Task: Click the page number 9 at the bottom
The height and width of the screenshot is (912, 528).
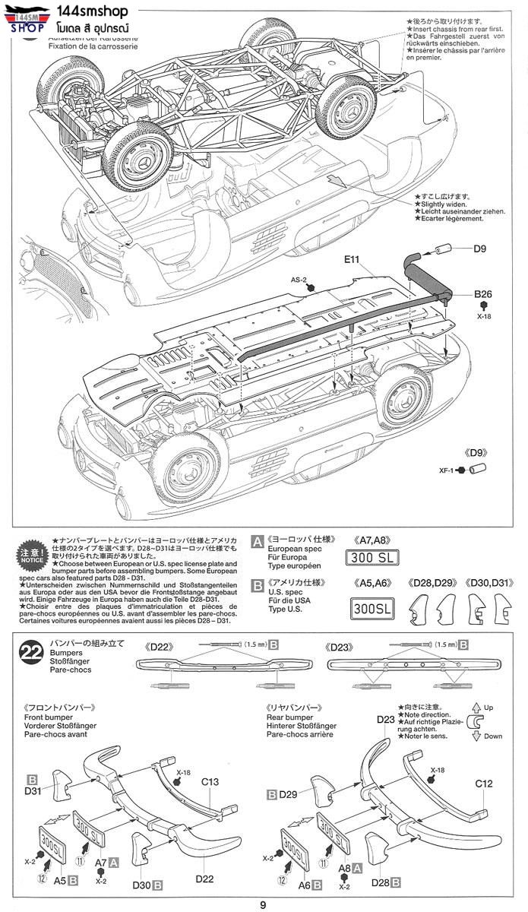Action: tap(263, 904)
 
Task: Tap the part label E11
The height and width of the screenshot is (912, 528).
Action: tap(351, 259)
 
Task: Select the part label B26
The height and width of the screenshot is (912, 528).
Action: tap(484, 294)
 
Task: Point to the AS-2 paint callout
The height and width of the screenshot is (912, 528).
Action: tap(298, 280)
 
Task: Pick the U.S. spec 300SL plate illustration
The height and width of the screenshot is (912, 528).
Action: tap(373, 608)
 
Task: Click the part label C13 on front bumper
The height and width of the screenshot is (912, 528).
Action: tap(210, 782)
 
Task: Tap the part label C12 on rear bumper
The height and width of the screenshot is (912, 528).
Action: tap(484, 784)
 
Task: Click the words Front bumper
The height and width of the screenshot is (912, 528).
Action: tap(49, 717)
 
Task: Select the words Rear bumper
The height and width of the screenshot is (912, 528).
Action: tap(289, 717)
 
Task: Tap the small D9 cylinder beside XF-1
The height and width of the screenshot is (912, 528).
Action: tap(478, 469)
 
